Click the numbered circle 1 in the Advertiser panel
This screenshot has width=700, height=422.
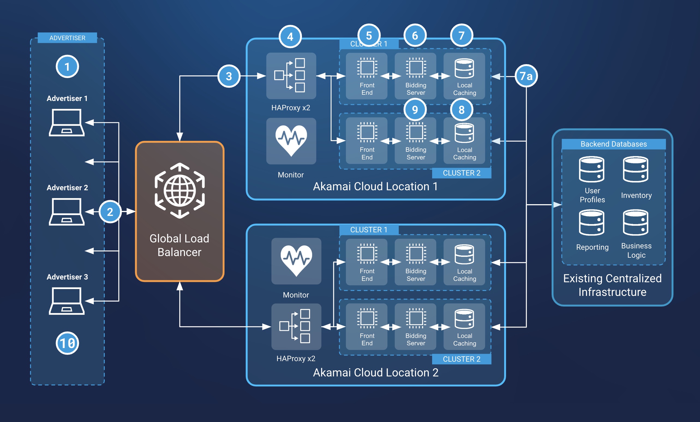click(x=67, y=67)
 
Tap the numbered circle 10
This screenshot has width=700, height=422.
click(x=67, y=343)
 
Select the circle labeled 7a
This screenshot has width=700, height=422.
click(x=526, y=76)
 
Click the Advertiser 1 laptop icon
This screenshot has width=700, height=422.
click(x=67, y=123)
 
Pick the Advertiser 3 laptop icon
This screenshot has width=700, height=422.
click(x=67, y=301)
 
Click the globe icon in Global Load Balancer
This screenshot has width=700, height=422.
click(x=180, y=191)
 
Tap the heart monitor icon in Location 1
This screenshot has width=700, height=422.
click(x=291, y=141)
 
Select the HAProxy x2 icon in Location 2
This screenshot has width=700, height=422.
click(x=296, y=326)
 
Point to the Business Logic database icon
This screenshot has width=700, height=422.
click(x=636, y=222)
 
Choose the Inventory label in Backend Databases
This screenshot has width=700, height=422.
click(x=636, y=195)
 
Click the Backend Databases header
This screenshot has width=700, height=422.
click(x=613, y=144)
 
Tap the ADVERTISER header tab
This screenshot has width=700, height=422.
click(x=67, y=38)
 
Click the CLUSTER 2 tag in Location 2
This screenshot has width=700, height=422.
click(x=461, y=359)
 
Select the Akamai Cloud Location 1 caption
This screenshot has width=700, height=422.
click(x=375, y=186)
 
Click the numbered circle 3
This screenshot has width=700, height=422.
click(x=229, y=76)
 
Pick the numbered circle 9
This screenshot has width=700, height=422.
click(x=415, y=109)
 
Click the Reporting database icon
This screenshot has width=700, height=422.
click(x=591, y=222)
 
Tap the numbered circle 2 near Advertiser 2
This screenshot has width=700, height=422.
click(x=110, y=212)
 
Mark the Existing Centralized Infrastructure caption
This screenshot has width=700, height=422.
click(x=612, y=285)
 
